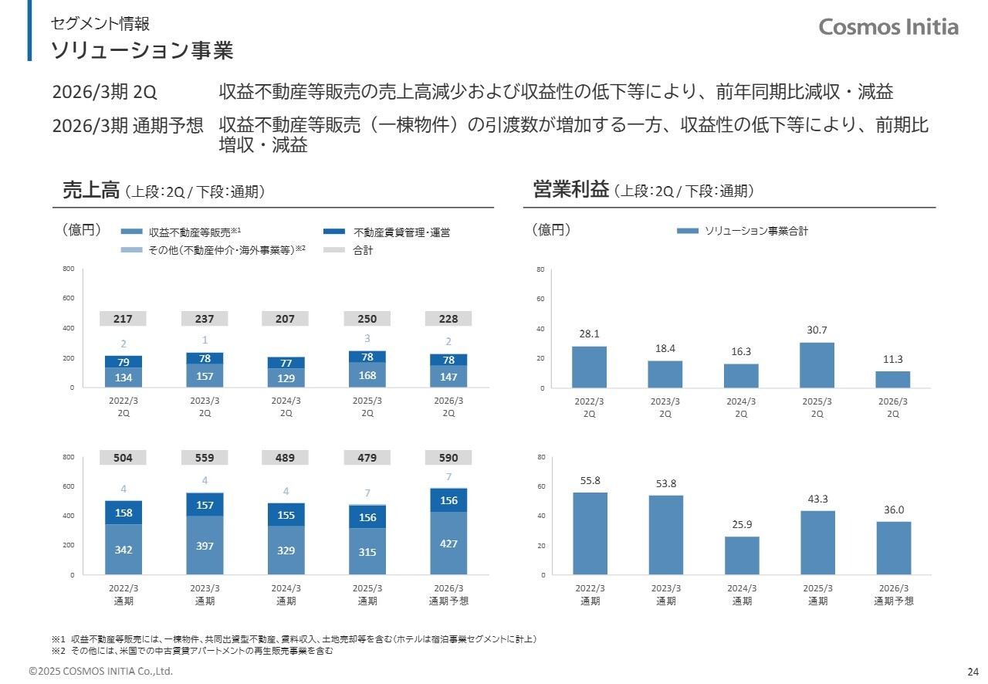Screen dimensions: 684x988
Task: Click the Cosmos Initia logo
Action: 888,27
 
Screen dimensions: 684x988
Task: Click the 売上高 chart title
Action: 91,191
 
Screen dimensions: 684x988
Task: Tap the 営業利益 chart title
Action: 571,191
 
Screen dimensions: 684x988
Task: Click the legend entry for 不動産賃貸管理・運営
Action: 401,232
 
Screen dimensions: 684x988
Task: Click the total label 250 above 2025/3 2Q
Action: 367,319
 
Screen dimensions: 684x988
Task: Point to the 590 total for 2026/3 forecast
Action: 448,458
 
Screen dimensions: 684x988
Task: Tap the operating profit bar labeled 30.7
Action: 817,365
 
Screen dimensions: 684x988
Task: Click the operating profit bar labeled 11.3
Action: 892,379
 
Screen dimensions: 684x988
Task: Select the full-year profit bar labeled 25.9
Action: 742,556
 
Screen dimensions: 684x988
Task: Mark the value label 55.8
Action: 590,480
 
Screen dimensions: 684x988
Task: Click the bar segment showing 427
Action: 448,543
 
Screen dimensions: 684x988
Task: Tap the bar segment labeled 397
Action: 205,546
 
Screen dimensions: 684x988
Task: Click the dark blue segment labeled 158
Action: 123,513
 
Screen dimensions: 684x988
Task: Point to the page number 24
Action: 973,670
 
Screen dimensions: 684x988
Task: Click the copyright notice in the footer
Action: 101,671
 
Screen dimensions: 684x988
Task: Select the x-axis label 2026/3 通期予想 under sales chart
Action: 448,594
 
